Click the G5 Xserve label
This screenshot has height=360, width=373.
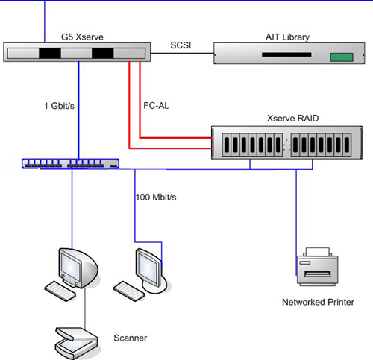[x=82, y=37]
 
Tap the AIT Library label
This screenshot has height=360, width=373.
[x=287, y=37]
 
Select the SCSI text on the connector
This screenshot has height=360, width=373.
[x=181, y=45]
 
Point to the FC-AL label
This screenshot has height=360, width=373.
[x=156, y=106]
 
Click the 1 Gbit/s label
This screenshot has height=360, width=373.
[x=59, y=106]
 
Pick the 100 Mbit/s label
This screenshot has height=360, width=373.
[x=156, y=198]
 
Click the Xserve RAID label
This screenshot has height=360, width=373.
[x=292, y=119]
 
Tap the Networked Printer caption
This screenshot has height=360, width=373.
[x=318, y=302]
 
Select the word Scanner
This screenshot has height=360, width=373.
[x=131, y=338]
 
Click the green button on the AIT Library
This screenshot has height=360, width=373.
[x=342, y=57]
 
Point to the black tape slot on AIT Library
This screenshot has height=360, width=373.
[x=286, y=54]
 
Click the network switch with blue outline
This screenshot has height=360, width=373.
[x=70, y=164]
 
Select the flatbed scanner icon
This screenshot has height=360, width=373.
[x=77, y=343]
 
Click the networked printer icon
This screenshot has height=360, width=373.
[x=318, y=266]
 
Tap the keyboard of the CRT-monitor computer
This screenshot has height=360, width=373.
[x=60, y=291]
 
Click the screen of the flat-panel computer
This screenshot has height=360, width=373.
[x=148, y=268]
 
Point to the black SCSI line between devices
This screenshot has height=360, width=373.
[x=182, y=53]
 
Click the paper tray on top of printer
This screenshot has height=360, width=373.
[x=318, y=252]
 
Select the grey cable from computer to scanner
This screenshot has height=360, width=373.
[x=85, y=308]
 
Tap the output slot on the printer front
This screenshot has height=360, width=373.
[x=318, y=274]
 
